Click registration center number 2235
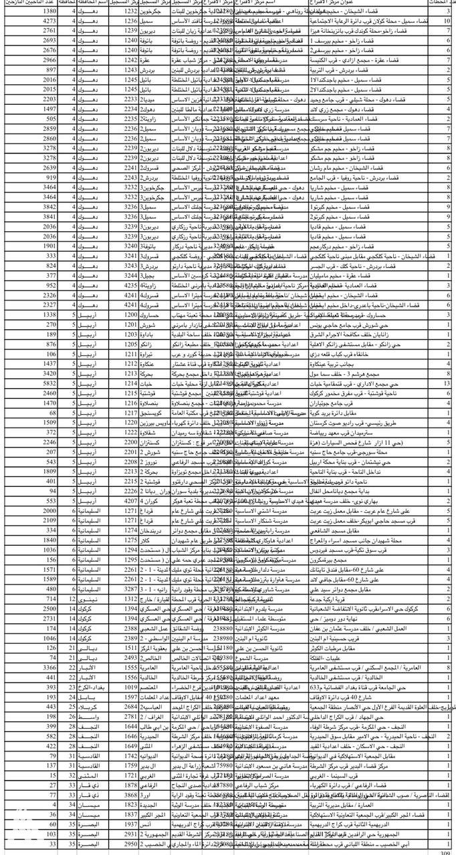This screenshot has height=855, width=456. (x=130, y=120)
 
